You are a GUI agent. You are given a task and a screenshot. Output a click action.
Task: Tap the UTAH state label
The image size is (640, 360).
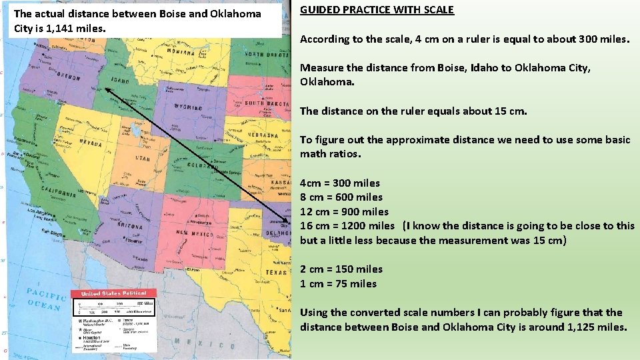pyautogui.click(x=143, y=159)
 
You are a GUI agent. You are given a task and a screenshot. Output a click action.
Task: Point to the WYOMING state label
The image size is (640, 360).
pyautogui.click(x=189, y=107)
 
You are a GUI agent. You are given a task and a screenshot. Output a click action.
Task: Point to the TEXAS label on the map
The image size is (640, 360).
pyautogui.click(x=275, y=272)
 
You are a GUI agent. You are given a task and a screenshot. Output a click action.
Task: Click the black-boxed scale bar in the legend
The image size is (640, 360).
pyautogui.click(x=115, y=307)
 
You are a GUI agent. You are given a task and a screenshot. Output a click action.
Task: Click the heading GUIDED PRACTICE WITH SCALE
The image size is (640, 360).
pyautogui.click(x=377, y=10)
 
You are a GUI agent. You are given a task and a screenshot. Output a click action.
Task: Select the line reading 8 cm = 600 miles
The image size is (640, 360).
pyautogui.click(x=341, y=197)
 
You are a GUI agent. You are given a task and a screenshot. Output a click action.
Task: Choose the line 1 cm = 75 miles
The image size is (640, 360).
pyautogui.click(x=338, y=284)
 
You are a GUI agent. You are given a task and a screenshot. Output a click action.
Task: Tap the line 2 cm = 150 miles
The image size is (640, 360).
pyautogui.click(x=341, y=269)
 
